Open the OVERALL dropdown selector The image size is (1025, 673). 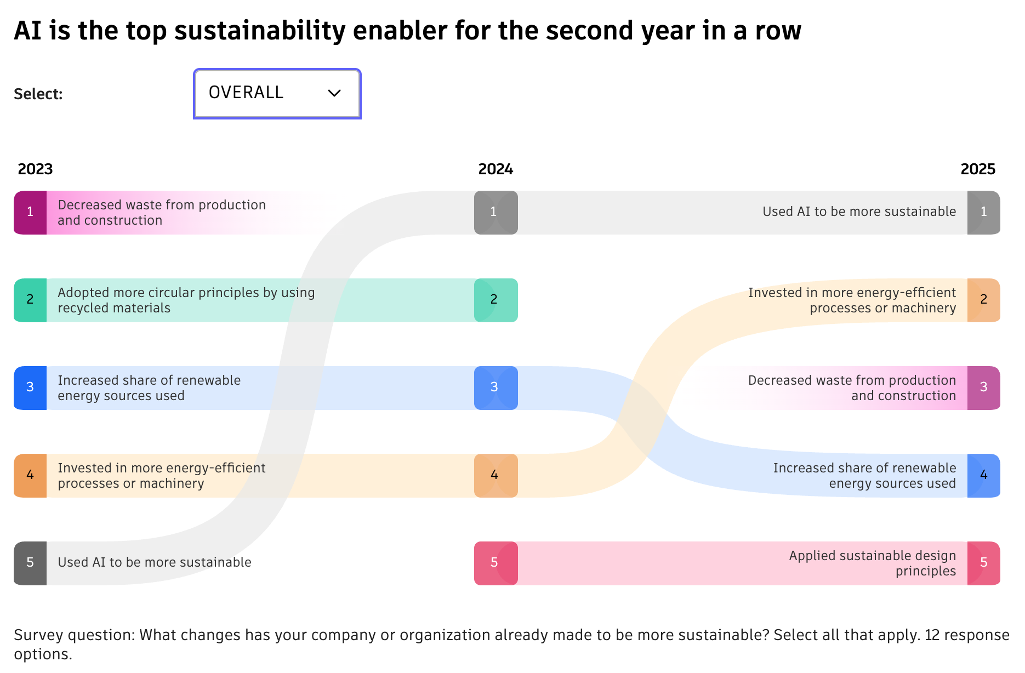click(276, 93)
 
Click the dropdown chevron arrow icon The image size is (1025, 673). click(334, 93)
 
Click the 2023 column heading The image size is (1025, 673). click(35, 169)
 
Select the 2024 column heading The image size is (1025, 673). click(496, 169)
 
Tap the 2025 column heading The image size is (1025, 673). click(978, 169)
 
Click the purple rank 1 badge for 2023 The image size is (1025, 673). click(30, 213)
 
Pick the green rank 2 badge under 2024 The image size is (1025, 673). click(496, 300)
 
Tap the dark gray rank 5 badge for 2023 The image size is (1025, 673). click(30, 563)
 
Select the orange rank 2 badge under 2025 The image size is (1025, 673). click(983, 300)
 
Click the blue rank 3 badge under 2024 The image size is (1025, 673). click(496, 388)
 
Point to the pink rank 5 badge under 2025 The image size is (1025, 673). click(983, 563)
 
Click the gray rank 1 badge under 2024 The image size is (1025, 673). click(496, 213)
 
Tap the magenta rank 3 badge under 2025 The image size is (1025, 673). click(983, 388)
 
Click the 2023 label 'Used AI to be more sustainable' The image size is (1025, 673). click(155, 562)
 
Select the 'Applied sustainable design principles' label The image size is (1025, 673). click(872, 563)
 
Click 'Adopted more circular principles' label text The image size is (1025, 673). click(186, 293)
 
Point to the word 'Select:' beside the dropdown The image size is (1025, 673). click(38, 94)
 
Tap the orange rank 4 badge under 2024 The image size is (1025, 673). click(496, 476)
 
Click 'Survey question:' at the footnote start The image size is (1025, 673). click(74, 635)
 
